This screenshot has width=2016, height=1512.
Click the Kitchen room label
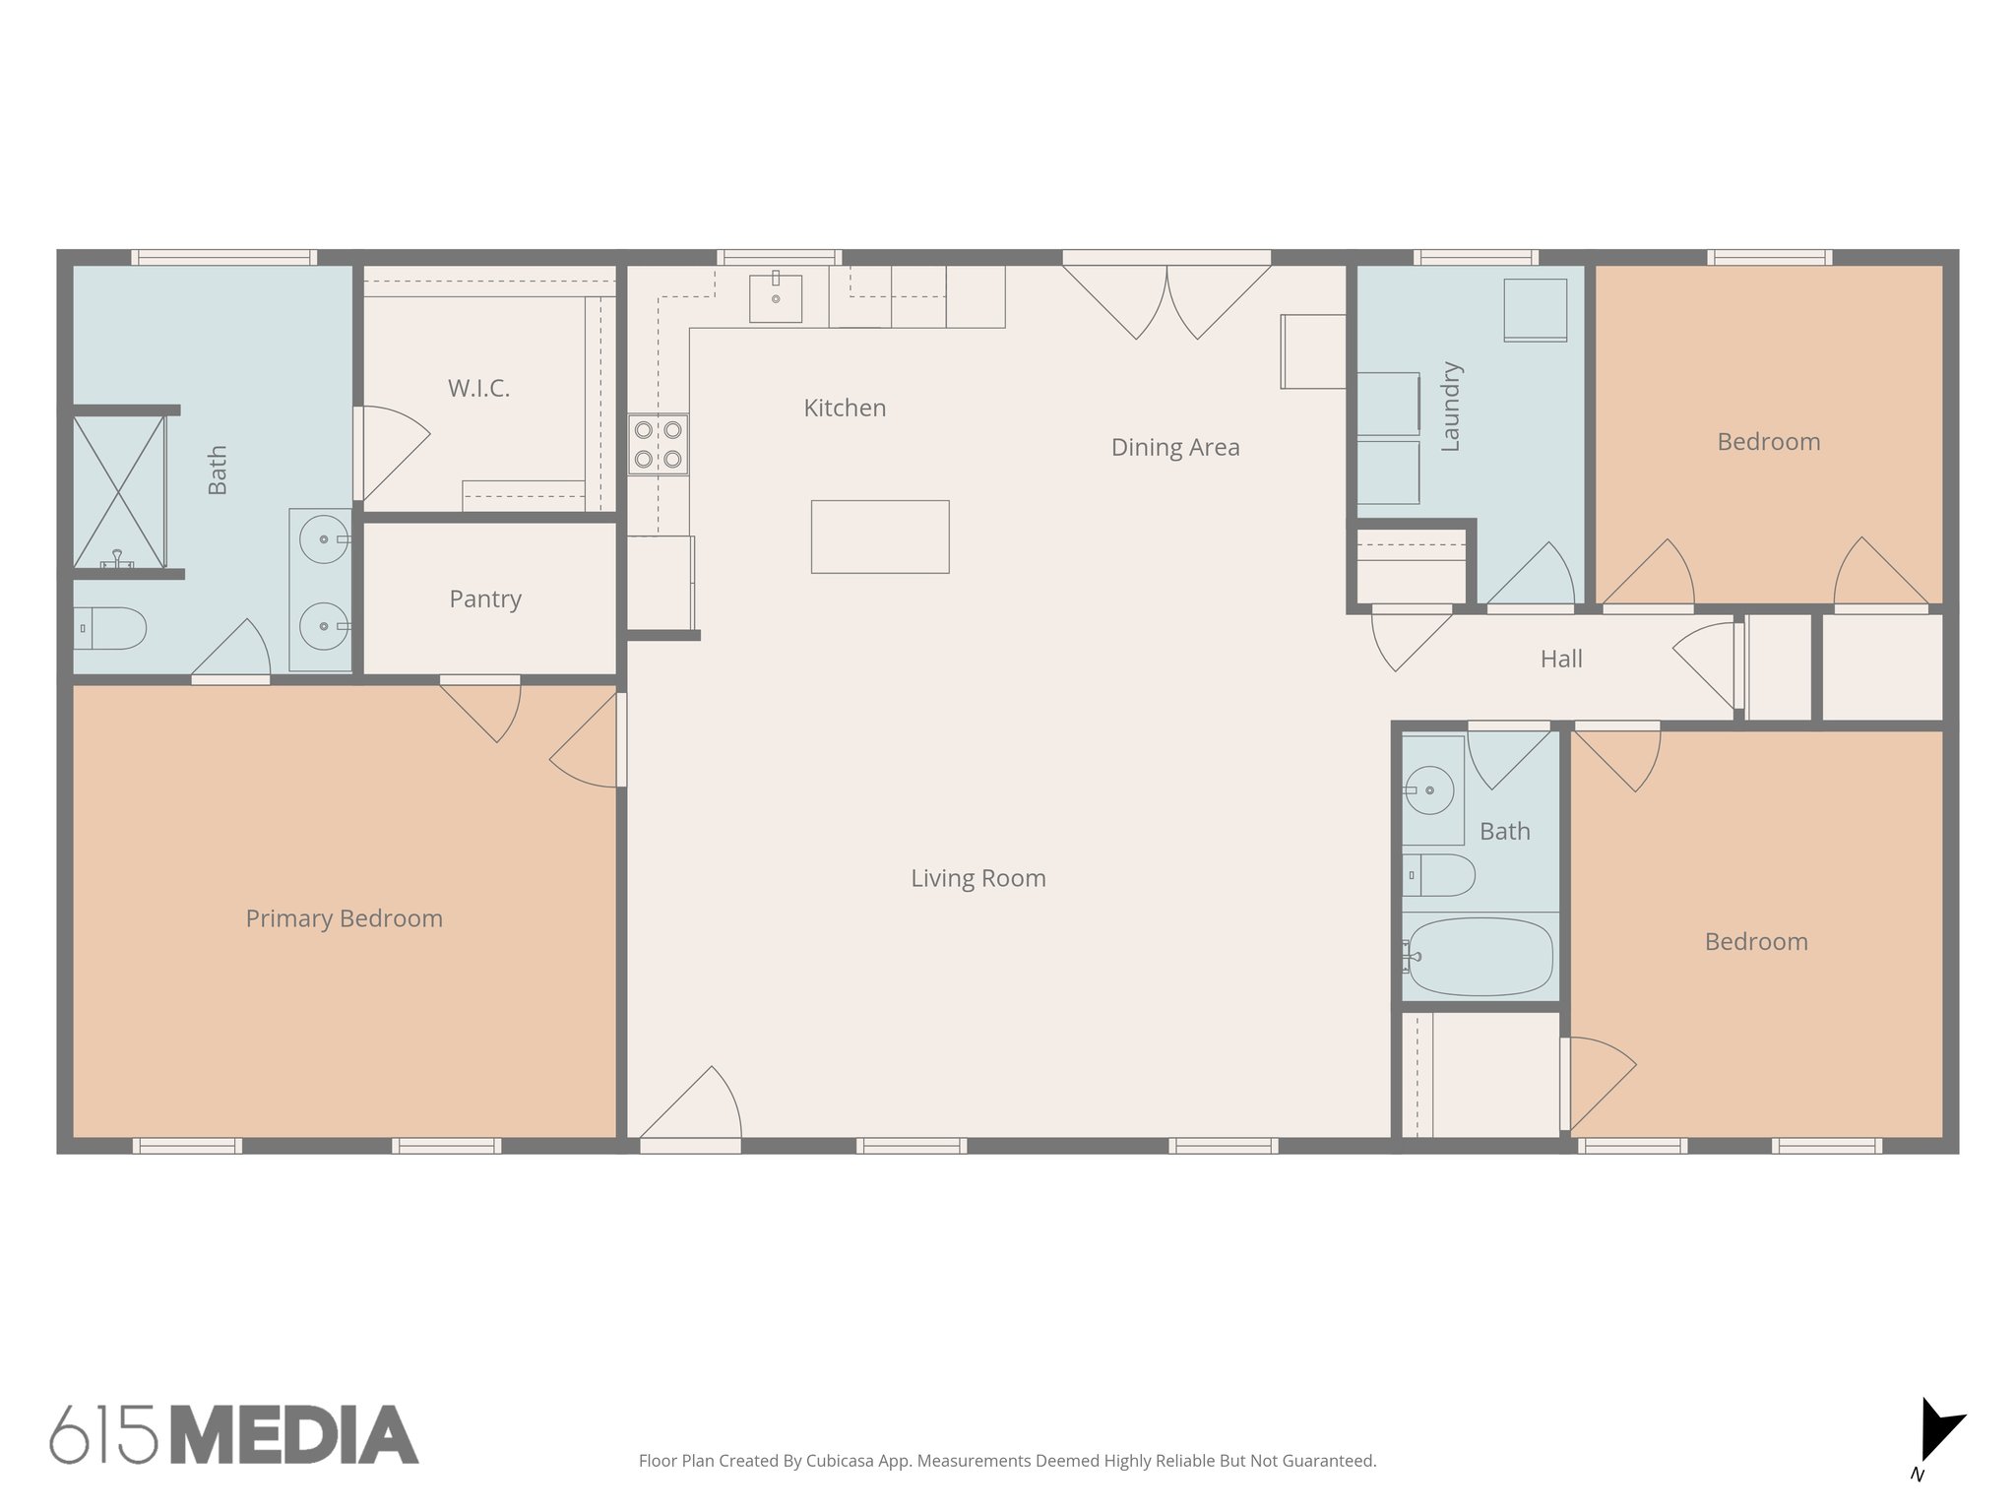pyautogui.click(x=845, y=408)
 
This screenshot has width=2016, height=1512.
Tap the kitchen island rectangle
pyautogui.click(x=880, y=536)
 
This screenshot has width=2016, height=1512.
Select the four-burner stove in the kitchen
pyautogui.click(x=659, y=444)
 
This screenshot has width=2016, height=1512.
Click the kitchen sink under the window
pyautogui.click(x=776, y=298)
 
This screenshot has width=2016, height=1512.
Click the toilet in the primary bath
pyautogui.click(x=110, y=628)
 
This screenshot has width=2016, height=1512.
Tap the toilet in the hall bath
pyautogui.click(x=1439, y=875)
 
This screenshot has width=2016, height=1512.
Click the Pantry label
pyautogui.click(x=485, y=598)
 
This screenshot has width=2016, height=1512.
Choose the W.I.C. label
pyautogui.click(x=479, y=388)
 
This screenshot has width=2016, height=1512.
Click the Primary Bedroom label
pyautogui.click(x=344, y=918)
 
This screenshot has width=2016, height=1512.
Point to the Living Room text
pyautogui.click(x=977, y=878)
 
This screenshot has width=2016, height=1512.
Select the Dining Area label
pyautogui.click(x=1175, y=447)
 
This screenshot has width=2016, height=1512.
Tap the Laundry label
pyautogui.click(x=1451, y=407)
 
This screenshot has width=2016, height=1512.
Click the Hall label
pyautogui.click(x=1561, y=659)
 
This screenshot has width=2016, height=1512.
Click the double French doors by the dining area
pyautogui.click(x=1166, y=295)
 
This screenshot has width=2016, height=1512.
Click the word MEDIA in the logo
pyautogui.click(x=294, y=1434)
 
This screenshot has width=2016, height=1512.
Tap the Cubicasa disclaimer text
pyautogui.click(x=1007, y=1461)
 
